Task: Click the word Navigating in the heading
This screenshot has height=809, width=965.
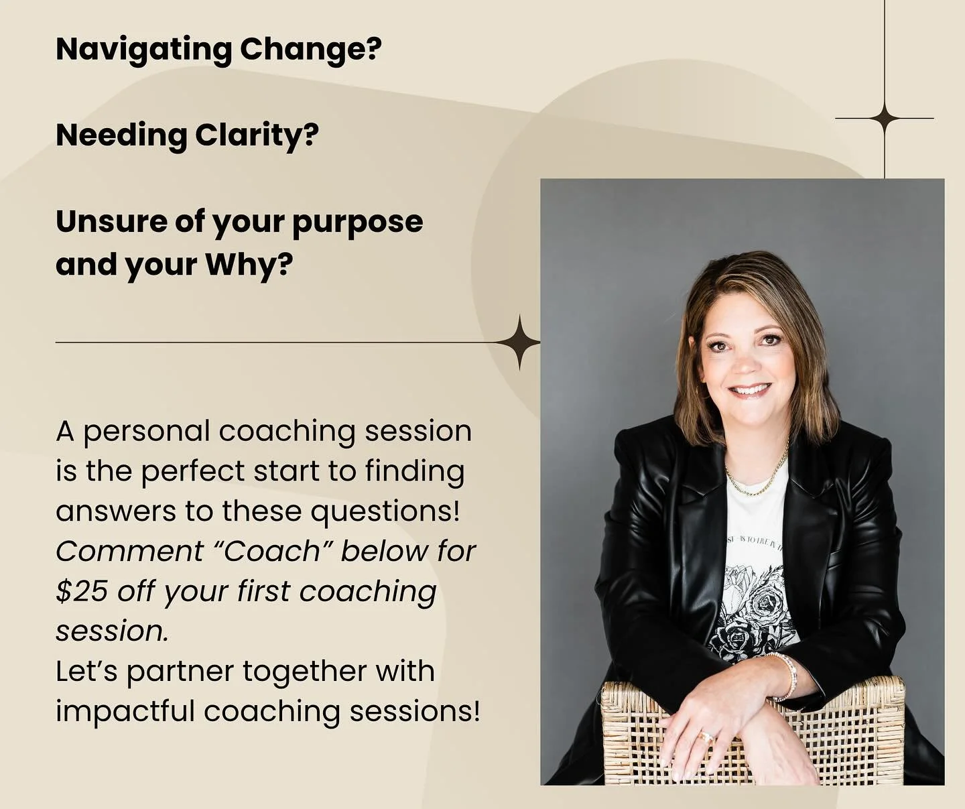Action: point(143,50)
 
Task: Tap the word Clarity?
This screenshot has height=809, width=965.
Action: point(257,135)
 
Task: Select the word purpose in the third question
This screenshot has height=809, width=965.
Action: point(358,223)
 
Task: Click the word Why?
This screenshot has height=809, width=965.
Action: point(249,265)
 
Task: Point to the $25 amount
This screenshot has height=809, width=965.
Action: point(82,591)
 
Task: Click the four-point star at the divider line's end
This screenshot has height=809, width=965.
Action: point(519,343)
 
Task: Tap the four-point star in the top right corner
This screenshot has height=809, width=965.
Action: point(885,119)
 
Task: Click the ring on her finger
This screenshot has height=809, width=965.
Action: point(705,737)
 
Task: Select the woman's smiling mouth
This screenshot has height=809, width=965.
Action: point(750,389)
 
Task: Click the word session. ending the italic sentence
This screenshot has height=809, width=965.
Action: point(112,631)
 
